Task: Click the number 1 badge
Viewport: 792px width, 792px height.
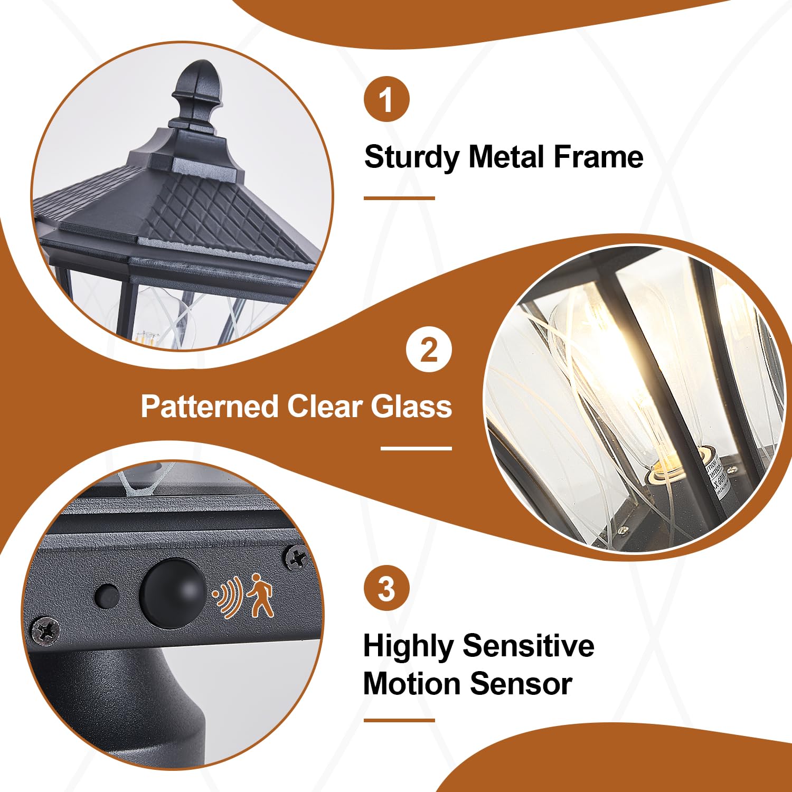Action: coord(386,99)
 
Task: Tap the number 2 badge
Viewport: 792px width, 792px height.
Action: coord(429,350)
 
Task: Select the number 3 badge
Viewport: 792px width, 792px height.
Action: coord(386,588)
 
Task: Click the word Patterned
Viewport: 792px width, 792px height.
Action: coord(209,407)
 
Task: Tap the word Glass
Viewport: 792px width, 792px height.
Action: coord(411,407)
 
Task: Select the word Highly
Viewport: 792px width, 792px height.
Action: coord(408,647)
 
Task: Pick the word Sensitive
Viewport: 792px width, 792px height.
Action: coord(529,646)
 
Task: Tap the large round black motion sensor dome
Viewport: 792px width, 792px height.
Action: coord(173,593)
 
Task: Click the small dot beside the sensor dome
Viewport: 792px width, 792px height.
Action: coord(106,596)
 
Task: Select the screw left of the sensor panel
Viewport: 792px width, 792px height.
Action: coord(45,630)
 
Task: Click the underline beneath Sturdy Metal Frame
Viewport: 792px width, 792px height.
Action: coord(399,199)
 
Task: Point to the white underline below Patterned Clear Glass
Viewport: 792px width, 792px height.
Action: coord(416,449)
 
